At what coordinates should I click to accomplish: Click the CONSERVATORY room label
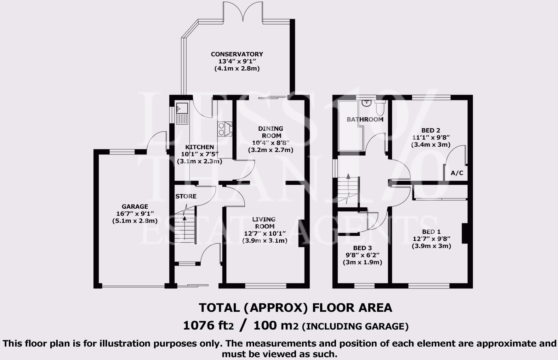(x=237, y=54)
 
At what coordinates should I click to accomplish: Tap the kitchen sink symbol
(x=182, y=113)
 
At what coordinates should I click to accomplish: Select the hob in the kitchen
(x=225, y=129)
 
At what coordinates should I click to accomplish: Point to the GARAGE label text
(x=135, y=207)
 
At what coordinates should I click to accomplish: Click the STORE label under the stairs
(x=186, y=196)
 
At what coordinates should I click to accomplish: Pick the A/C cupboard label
(x=457, y=173)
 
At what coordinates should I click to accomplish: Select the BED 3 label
(x=362, y=248)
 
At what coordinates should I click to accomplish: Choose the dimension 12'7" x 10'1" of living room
(x=264, y=234)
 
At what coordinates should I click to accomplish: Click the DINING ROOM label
(x=271, y=132)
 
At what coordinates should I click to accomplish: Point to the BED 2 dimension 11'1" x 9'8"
(x=431, y=137)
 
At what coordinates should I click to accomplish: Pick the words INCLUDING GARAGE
(x=355, y=326)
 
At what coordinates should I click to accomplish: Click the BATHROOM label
(x=365, y=119)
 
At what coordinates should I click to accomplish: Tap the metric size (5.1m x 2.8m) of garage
(x=135, y=221)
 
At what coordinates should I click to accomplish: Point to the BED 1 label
(x=431, y=232)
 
